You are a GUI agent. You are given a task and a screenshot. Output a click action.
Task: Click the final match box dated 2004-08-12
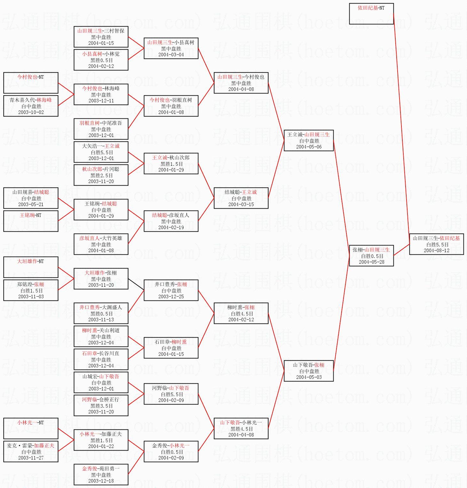[436, 244]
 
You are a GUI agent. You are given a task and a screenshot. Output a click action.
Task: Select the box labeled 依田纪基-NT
[371, 14]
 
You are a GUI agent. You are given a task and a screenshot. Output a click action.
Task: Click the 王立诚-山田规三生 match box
[309, 140]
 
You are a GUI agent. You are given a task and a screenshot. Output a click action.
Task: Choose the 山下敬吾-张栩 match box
[309, 371]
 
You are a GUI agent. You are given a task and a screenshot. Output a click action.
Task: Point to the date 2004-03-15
[241, 204]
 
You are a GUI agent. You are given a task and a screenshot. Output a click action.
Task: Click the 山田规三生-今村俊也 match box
[241, 83]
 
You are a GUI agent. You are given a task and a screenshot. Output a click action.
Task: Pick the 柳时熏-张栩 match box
[241, 313]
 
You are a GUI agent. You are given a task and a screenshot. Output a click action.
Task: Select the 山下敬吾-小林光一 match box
[241, 428]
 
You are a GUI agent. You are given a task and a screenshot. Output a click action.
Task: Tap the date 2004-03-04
[171, 55]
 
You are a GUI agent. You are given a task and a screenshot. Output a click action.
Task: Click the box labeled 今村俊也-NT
[31, 83]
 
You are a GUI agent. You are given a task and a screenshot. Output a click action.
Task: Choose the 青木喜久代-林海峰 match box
[31, 106]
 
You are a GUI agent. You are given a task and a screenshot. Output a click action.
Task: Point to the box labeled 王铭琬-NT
[31, 221]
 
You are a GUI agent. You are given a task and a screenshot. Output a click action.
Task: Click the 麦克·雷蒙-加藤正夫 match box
[31, 452]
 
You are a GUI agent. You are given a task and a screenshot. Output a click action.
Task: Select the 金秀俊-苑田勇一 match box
[101, 475]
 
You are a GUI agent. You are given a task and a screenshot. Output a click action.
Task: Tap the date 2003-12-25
[171, 297]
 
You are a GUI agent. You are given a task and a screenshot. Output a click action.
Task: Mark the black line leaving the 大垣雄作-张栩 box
[136, 284]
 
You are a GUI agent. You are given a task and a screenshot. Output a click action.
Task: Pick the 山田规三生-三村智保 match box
[101, 37]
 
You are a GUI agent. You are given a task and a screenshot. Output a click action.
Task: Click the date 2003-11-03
[31, 297]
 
